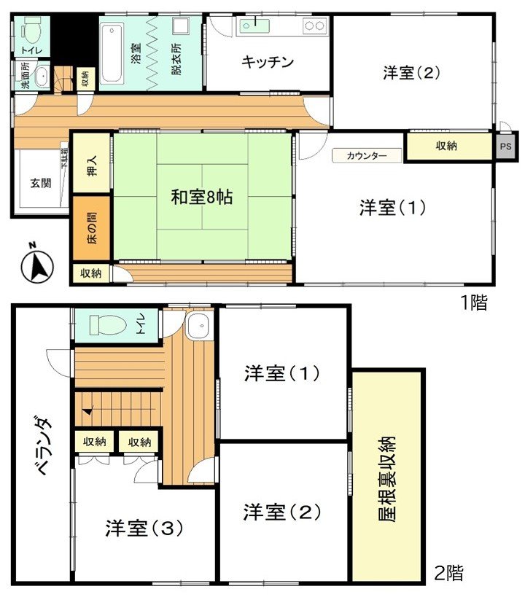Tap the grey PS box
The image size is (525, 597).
click(x=505, y=147)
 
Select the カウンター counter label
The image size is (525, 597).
click(x=367, y=155)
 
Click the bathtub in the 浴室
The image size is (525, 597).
click(x=112, y=53)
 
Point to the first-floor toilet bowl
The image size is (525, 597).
click(x=31, y=31)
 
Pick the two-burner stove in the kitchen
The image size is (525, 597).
click(x=315, y=26)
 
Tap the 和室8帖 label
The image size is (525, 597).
click(x=201, y=198)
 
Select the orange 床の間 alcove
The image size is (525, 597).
click(x=91, y=228)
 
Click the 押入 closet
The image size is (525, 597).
click(x=92, y=164)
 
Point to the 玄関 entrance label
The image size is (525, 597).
click(x=41, y=183)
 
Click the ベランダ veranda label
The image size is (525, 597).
click(x=43, y=447)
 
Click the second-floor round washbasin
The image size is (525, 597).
click(x=198, y=326)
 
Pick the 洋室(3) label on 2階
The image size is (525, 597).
click(x=144, y=528)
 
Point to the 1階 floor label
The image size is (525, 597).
click(x=473, y=303)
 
